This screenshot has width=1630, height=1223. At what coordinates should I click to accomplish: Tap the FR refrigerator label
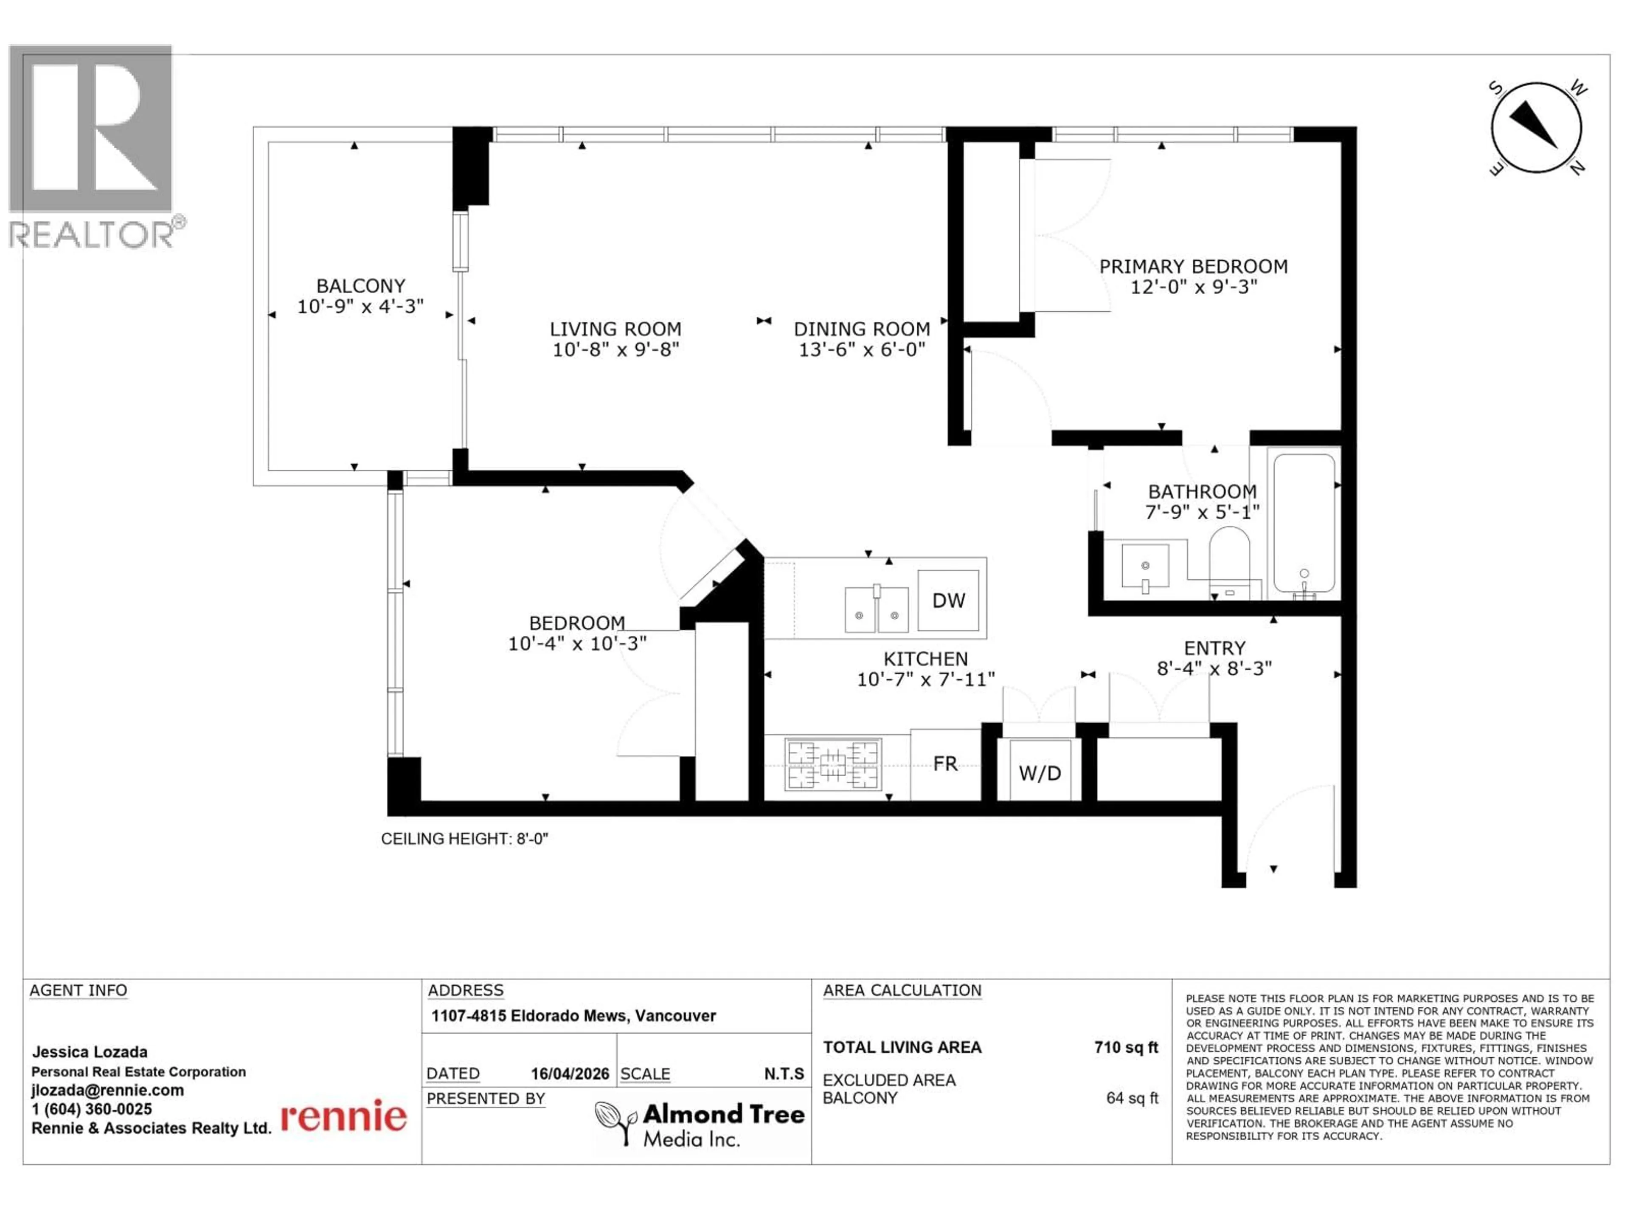coord(945,764)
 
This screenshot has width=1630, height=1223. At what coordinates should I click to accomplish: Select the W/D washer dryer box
coord(1040,772)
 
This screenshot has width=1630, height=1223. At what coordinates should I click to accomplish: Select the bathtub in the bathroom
coord(1304,524)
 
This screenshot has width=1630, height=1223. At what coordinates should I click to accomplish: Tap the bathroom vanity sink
coord(1145,566)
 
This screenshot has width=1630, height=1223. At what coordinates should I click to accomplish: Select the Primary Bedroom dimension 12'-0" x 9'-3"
coord(1194,287)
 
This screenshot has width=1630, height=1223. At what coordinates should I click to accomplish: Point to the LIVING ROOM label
coord(615,330)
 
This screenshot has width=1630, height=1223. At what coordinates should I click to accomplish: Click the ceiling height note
coord(464,839)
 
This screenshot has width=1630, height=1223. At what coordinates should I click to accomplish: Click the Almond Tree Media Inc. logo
coord(700,1124)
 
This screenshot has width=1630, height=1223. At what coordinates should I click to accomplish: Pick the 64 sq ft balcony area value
coord(1131,1099)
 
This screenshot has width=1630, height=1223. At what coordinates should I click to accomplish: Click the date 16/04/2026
coord(570,1074)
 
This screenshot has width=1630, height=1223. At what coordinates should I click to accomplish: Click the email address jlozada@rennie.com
coord(107,1091)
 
